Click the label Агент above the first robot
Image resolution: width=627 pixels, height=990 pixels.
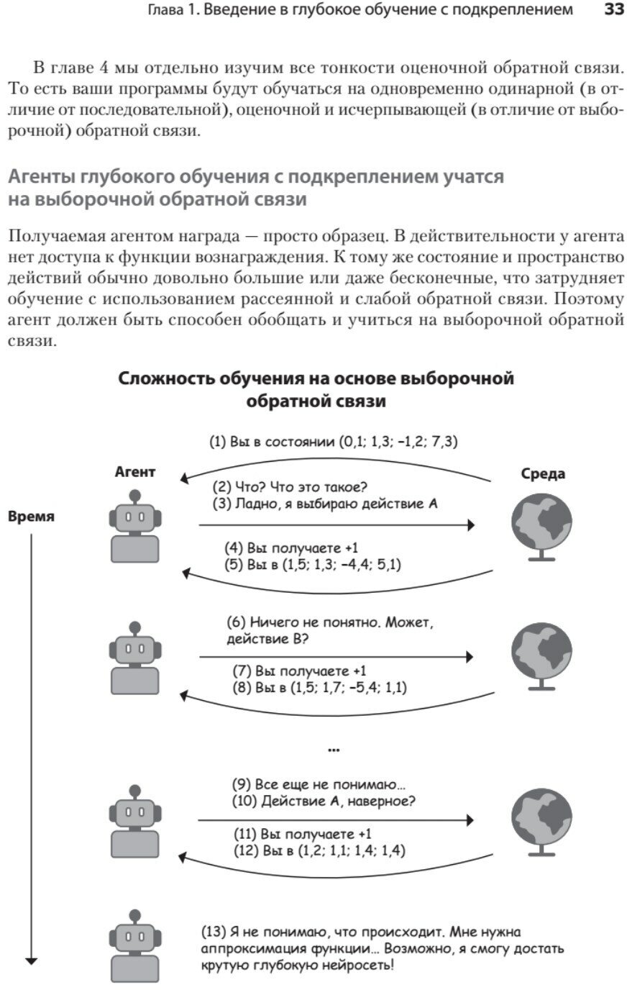coord(134,472)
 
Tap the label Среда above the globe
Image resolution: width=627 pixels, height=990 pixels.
coord(543,473)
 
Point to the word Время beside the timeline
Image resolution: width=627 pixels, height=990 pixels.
coord(31,517)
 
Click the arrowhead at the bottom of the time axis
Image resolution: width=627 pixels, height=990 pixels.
coord(31,961)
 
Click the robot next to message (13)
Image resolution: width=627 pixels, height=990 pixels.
coord(134,945)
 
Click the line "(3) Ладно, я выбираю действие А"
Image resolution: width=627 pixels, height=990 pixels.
coord(325,504)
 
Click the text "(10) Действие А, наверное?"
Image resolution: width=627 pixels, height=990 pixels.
coord(324,801)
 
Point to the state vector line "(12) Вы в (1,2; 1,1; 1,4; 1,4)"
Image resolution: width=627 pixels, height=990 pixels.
coord(319,850)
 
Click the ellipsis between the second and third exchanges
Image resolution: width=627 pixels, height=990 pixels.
coord(333,750)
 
